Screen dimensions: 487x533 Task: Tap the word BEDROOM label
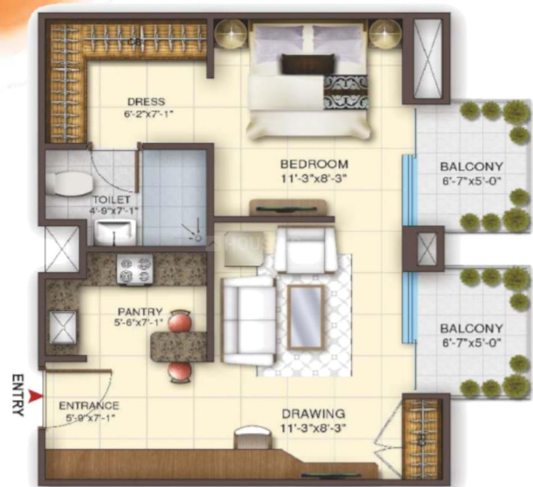tap(314, 165)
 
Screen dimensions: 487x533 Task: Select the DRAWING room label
tap(313, 414)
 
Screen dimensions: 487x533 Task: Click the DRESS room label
tap(146, 102)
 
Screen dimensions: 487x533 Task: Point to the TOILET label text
tap(112, 200)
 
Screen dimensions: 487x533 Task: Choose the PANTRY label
tap(140, 312)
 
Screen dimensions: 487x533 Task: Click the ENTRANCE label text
tap(89, 405)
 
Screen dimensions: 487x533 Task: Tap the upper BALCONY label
tap(471, 167)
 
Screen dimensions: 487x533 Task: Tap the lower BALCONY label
tap(471, 328)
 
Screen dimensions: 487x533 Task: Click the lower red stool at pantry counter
tap(180, 372)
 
